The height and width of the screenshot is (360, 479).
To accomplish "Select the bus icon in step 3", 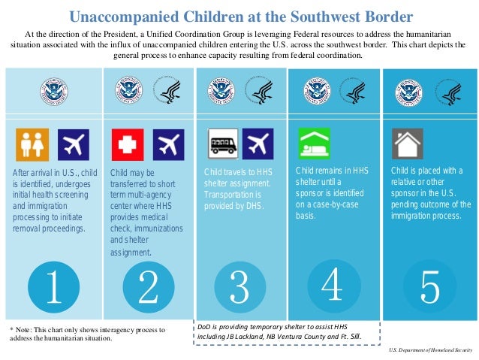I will click(x=222, y=142).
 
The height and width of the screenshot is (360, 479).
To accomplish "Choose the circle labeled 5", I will click(x=429, y=286).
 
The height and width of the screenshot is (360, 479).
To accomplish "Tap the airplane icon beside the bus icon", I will click(x=259, y=142).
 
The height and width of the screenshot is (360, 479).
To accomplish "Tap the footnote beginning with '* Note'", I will click(x=86, y=334).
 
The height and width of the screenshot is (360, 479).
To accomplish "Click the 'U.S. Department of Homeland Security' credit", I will click(x=430, y=351).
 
